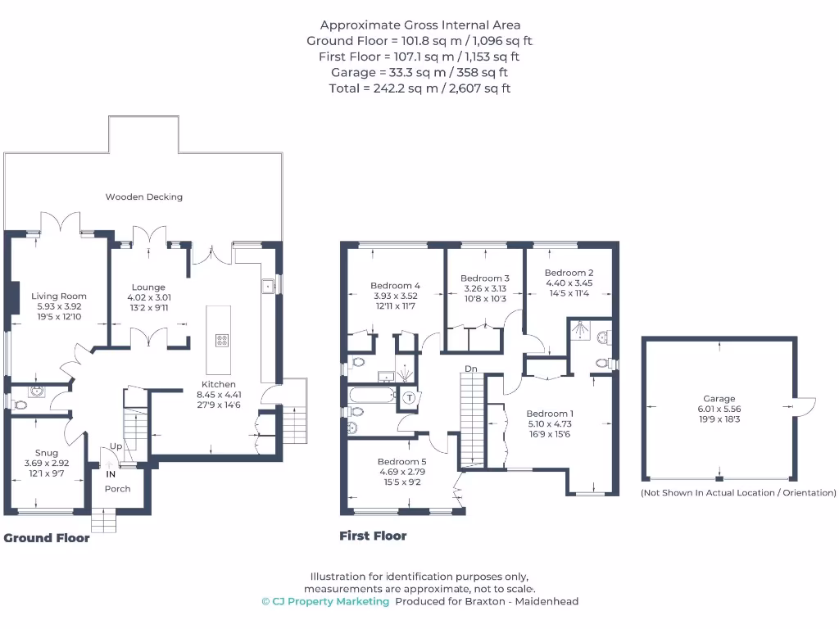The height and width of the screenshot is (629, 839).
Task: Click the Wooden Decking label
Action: tap(144, 197)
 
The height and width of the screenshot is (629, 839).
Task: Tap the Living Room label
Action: tap(59, 296)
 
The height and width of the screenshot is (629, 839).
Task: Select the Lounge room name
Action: tap(149, 287)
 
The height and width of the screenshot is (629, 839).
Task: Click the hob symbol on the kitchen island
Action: tap(222, 340)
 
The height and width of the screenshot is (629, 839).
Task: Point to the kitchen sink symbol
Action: tap(268, 286)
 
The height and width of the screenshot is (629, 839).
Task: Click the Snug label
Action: tap(47, 453)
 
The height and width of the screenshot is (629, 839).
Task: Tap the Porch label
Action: tap(117, 489)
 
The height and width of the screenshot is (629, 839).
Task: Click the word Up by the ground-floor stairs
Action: tap(116, 447)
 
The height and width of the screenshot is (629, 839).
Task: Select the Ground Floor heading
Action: tap(47, 538)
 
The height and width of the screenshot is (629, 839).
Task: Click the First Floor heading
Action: tap(373, 536)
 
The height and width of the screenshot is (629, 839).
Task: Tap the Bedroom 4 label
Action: tap(395, 286)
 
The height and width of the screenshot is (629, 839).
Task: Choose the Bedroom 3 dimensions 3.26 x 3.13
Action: tap(485, 288)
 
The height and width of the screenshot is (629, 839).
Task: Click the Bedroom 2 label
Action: tap(569, 273)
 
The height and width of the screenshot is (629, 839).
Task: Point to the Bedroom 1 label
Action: tap(550, 414)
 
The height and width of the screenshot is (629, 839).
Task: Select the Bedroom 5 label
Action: tap(401, 462)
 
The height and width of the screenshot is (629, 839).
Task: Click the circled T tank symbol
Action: tap(409, 398)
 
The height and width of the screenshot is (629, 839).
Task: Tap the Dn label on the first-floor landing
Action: tap(471, 369)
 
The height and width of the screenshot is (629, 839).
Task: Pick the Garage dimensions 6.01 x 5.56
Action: tap(719, 409)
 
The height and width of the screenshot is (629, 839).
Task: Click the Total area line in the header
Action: tap(419, 88)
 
